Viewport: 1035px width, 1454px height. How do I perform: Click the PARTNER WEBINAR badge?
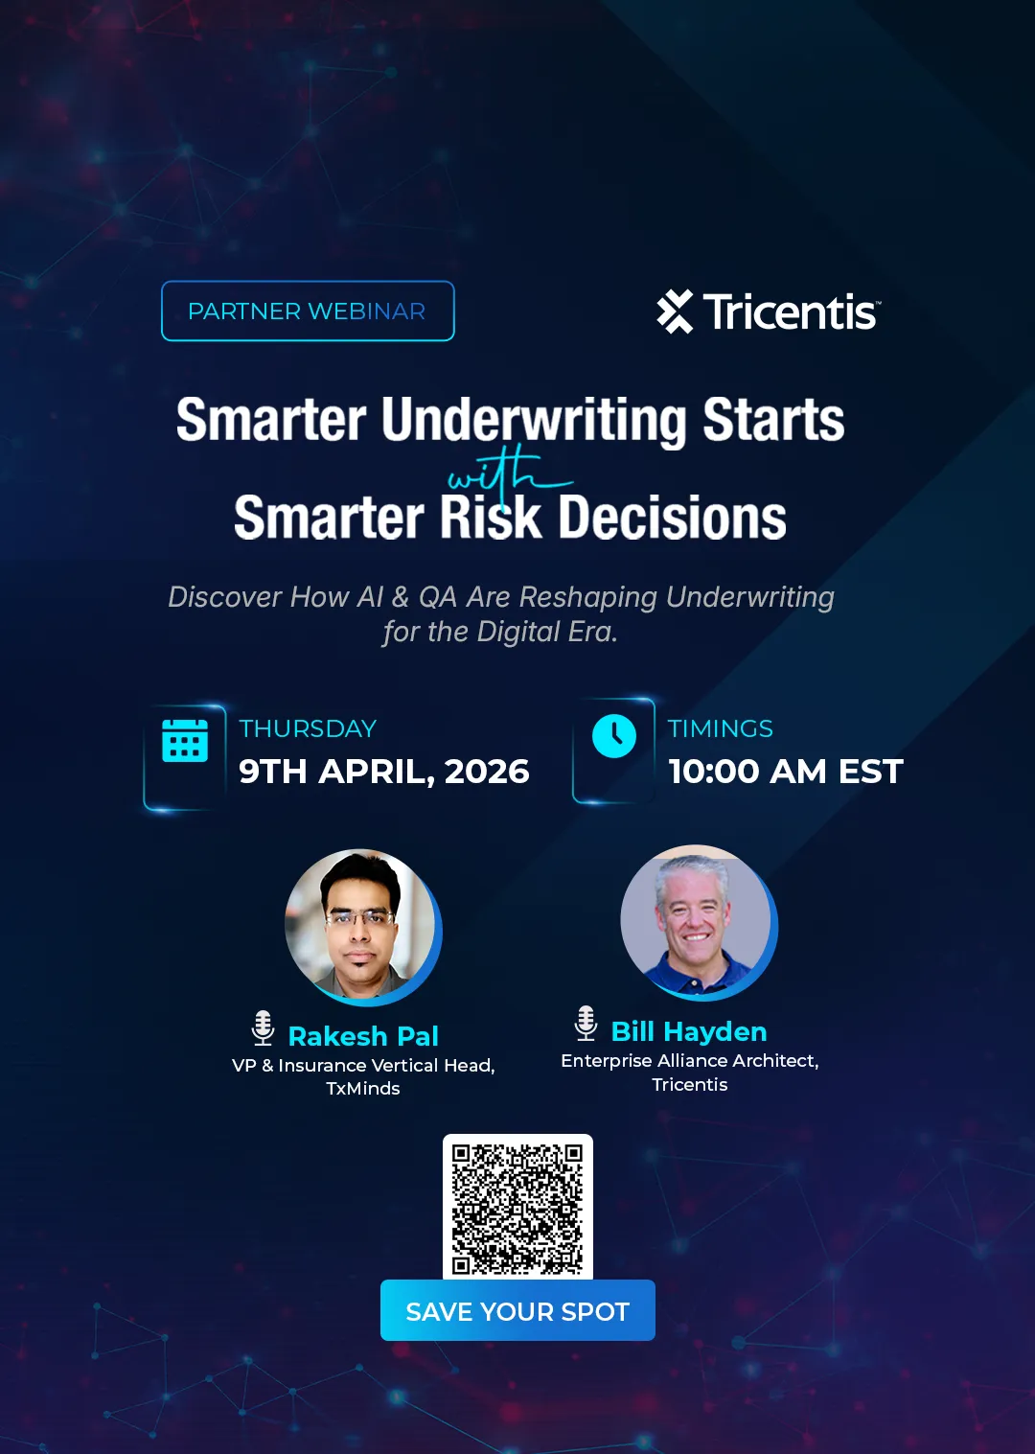pos(308,311)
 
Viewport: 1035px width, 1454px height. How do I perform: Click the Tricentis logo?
pos(768,312)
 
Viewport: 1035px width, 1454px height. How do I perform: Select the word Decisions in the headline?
pos(672,518)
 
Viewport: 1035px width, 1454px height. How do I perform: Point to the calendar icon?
pos(185,740)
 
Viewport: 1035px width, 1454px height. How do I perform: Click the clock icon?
pos(614,736)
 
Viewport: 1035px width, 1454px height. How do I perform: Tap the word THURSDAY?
pos(308,728)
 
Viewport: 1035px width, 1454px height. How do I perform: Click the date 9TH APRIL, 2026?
pos(383,772)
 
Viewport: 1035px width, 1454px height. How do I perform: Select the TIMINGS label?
pos(720,728)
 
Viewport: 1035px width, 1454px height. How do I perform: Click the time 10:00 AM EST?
pos(785,772)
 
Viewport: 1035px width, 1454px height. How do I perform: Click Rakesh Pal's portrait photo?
pos(360,925)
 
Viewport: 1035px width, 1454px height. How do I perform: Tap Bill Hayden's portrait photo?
pos(696,921)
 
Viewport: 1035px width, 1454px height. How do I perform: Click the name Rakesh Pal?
pos(363,1036)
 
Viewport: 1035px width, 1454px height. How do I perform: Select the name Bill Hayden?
pos(689,1031)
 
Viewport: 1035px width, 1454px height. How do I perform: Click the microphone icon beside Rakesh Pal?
pos(263,1027)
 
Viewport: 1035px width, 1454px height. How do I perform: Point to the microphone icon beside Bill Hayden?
pos(586,1023)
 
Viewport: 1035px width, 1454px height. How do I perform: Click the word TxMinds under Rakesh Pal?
pos(363,1089)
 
